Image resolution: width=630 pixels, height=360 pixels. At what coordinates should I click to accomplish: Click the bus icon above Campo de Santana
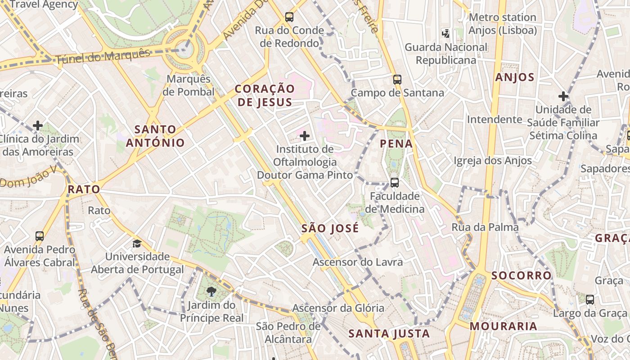[x=397, y=80]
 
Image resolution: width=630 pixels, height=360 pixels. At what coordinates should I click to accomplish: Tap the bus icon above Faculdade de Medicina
[x=394, y=182]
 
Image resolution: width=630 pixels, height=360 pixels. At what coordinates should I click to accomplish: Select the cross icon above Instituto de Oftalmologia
[x=305, y=135]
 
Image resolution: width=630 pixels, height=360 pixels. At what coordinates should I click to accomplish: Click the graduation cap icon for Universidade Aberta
[x=137, y=243]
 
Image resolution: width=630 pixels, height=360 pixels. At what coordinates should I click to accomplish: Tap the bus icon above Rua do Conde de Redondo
[x=289, y=17]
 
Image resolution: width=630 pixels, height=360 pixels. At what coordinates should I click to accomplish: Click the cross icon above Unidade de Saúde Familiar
[x=563, y=96]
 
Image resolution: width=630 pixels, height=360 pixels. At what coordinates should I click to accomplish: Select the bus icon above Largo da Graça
[x=589, y=299]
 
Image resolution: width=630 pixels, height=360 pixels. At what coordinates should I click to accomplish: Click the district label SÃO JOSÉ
[x=330, y=229]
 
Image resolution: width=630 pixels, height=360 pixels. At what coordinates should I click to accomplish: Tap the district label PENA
[x=396, y=144]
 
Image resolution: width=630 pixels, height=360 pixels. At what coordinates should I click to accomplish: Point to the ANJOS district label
[x=514, y=77]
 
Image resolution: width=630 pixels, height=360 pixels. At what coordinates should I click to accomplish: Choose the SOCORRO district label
[x=521, y=275]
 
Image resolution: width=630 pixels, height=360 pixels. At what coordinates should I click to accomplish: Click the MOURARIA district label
[x=503, y=326]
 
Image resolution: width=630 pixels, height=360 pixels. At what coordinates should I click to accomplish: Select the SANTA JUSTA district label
[x=389, y=334]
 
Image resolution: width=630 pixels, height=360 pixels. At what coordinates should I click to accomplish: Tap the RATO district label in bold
[x=84, y=189]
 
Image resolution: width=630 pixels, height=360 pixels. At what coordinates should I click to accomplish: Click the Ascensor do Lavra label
[x=357, y=262]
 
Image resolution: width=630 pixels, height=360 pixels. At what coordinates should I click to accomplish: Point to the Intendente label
[x=494, y=119]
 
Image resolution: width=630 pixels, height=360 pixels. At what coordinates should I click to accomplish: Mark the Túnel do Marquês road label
[x=103, y=57]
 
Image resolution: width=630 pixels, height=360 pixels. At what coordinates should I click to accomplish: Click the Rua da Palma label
[x=485, y=227]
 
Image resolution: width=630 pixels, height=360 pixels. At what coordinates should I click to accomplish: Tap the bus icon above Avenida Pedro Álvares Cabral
[x=40, y=236]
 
